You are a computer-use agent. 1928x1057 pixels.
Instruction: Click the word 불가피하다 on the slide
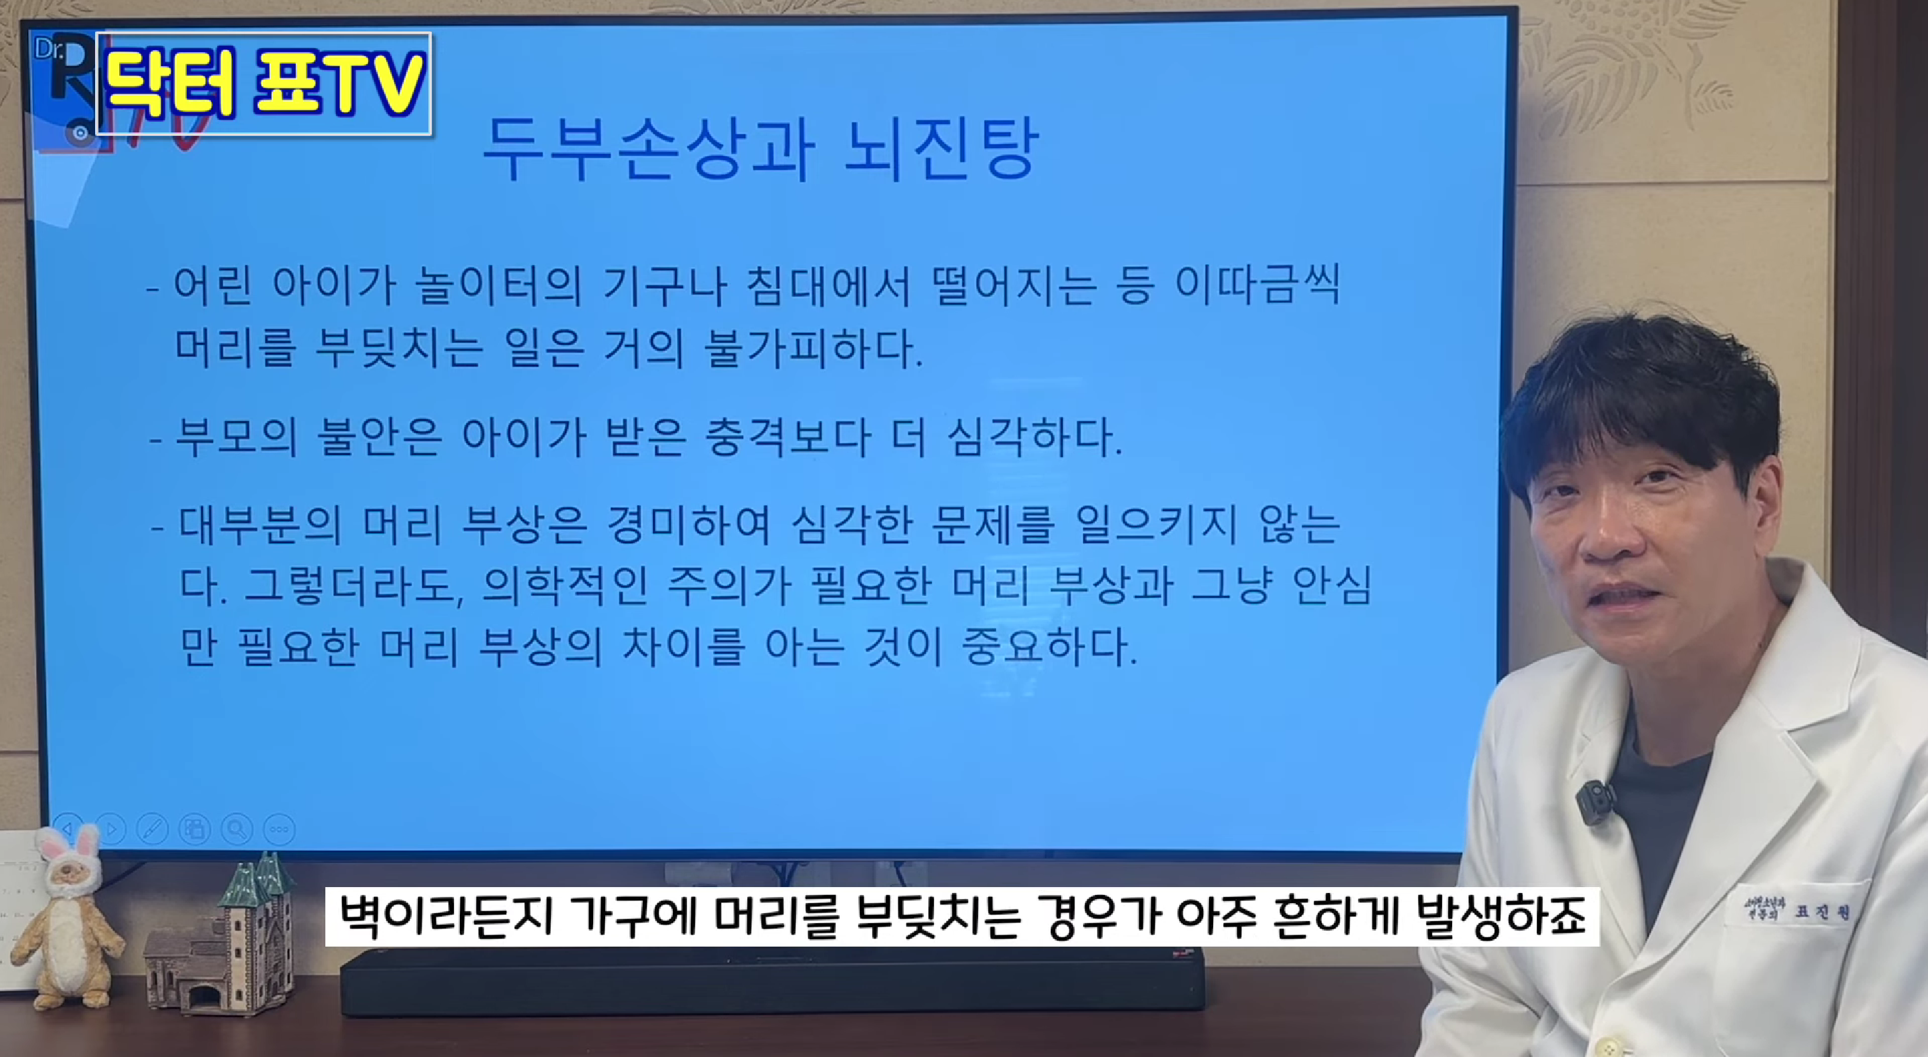pyautogui.click(x=814, y=349)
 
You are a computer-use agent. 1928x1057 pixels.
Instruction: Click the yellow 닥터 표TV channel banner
pyautogui.click(x=264, y=83)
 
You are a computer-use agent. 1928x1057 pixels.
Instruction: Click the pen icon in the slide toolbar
pyautogui.click(x=152, y=829)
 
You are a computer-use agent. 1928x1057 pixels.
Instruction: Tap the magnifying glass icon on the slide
pyautogui.click(x=236, y=829)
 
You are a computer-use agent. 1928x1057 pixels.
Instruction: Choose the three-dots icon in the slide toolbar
pyautogui.click(x=279, y=829)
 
